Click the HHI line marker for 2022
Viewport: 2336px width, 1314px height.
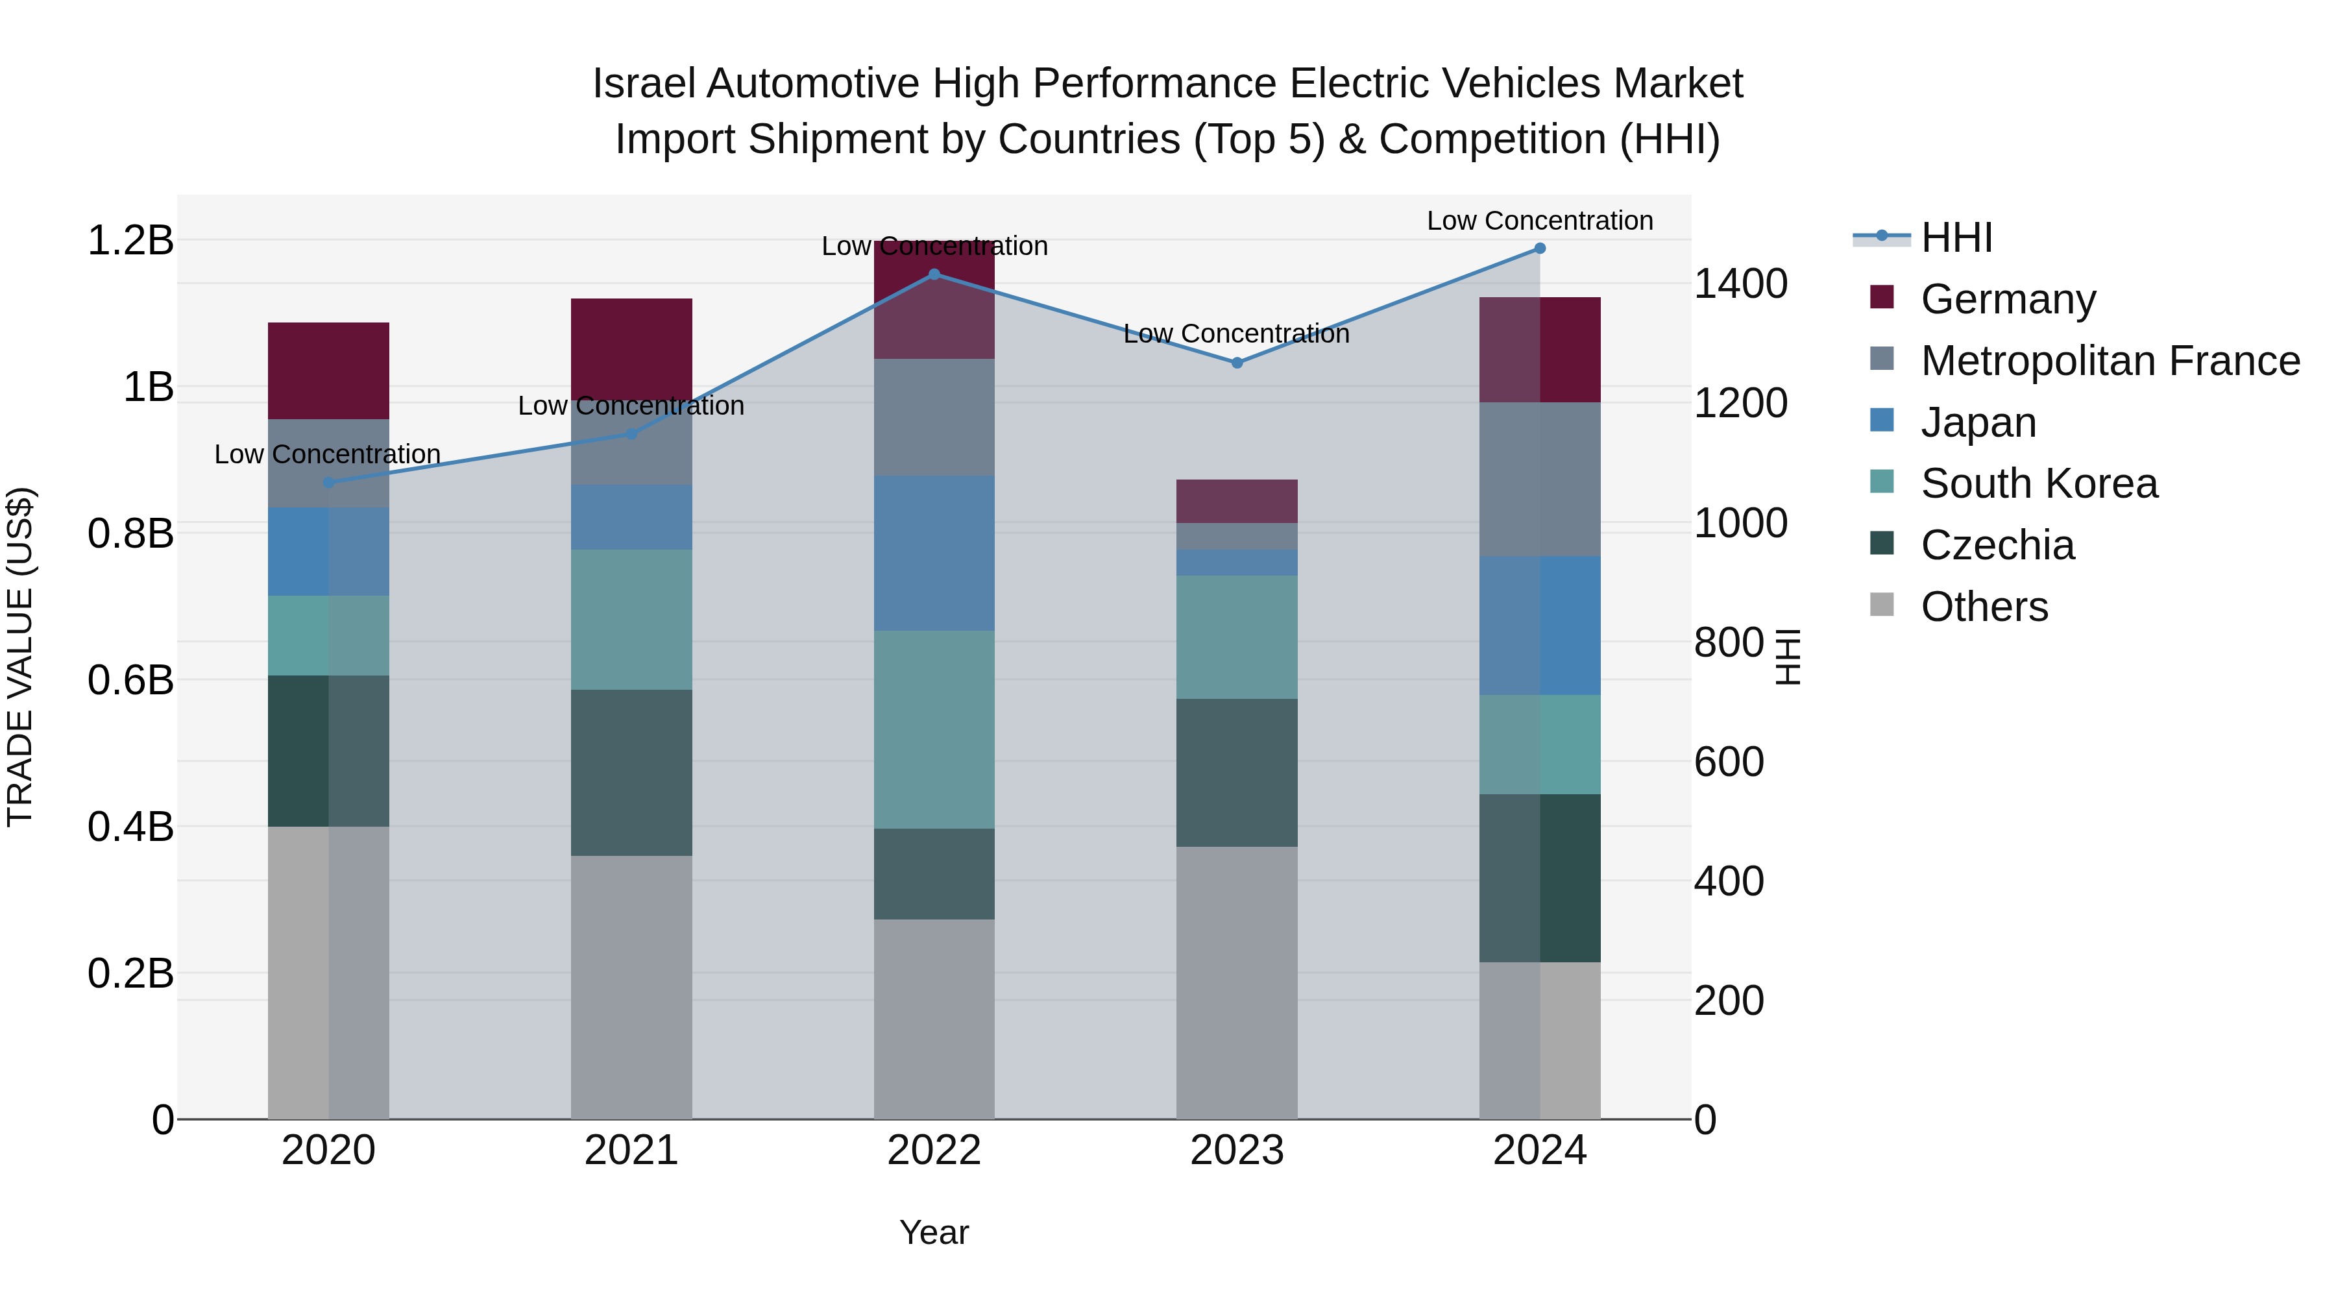[934, 274]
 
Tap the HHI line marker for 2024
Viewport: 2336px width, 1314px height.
[1540, 249]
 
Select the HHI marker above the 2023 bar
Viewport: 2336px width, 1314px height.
[1237, 363]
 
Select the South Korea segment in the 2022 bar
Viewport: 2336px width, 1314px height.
[934, 729]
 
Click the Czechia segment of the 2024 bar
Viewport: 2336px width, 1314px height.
[1540, 878]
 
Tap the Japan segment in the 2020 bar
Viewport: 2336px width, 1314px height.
[328, 552]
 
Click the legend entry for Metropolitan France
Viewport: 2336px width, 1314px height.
[2110, 361]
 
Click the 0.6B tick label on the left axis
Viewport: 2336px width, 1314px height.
[130, 680]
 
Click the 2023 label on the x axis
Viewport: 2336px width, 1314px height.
[1237, 1150]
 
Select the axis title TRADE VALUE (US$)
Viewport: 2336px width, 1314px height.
[20, 657]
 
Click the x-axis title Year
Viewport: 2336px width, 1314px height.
[934, 1232]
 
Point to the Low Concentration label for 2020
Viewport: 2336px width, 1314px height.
[328, 454]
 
